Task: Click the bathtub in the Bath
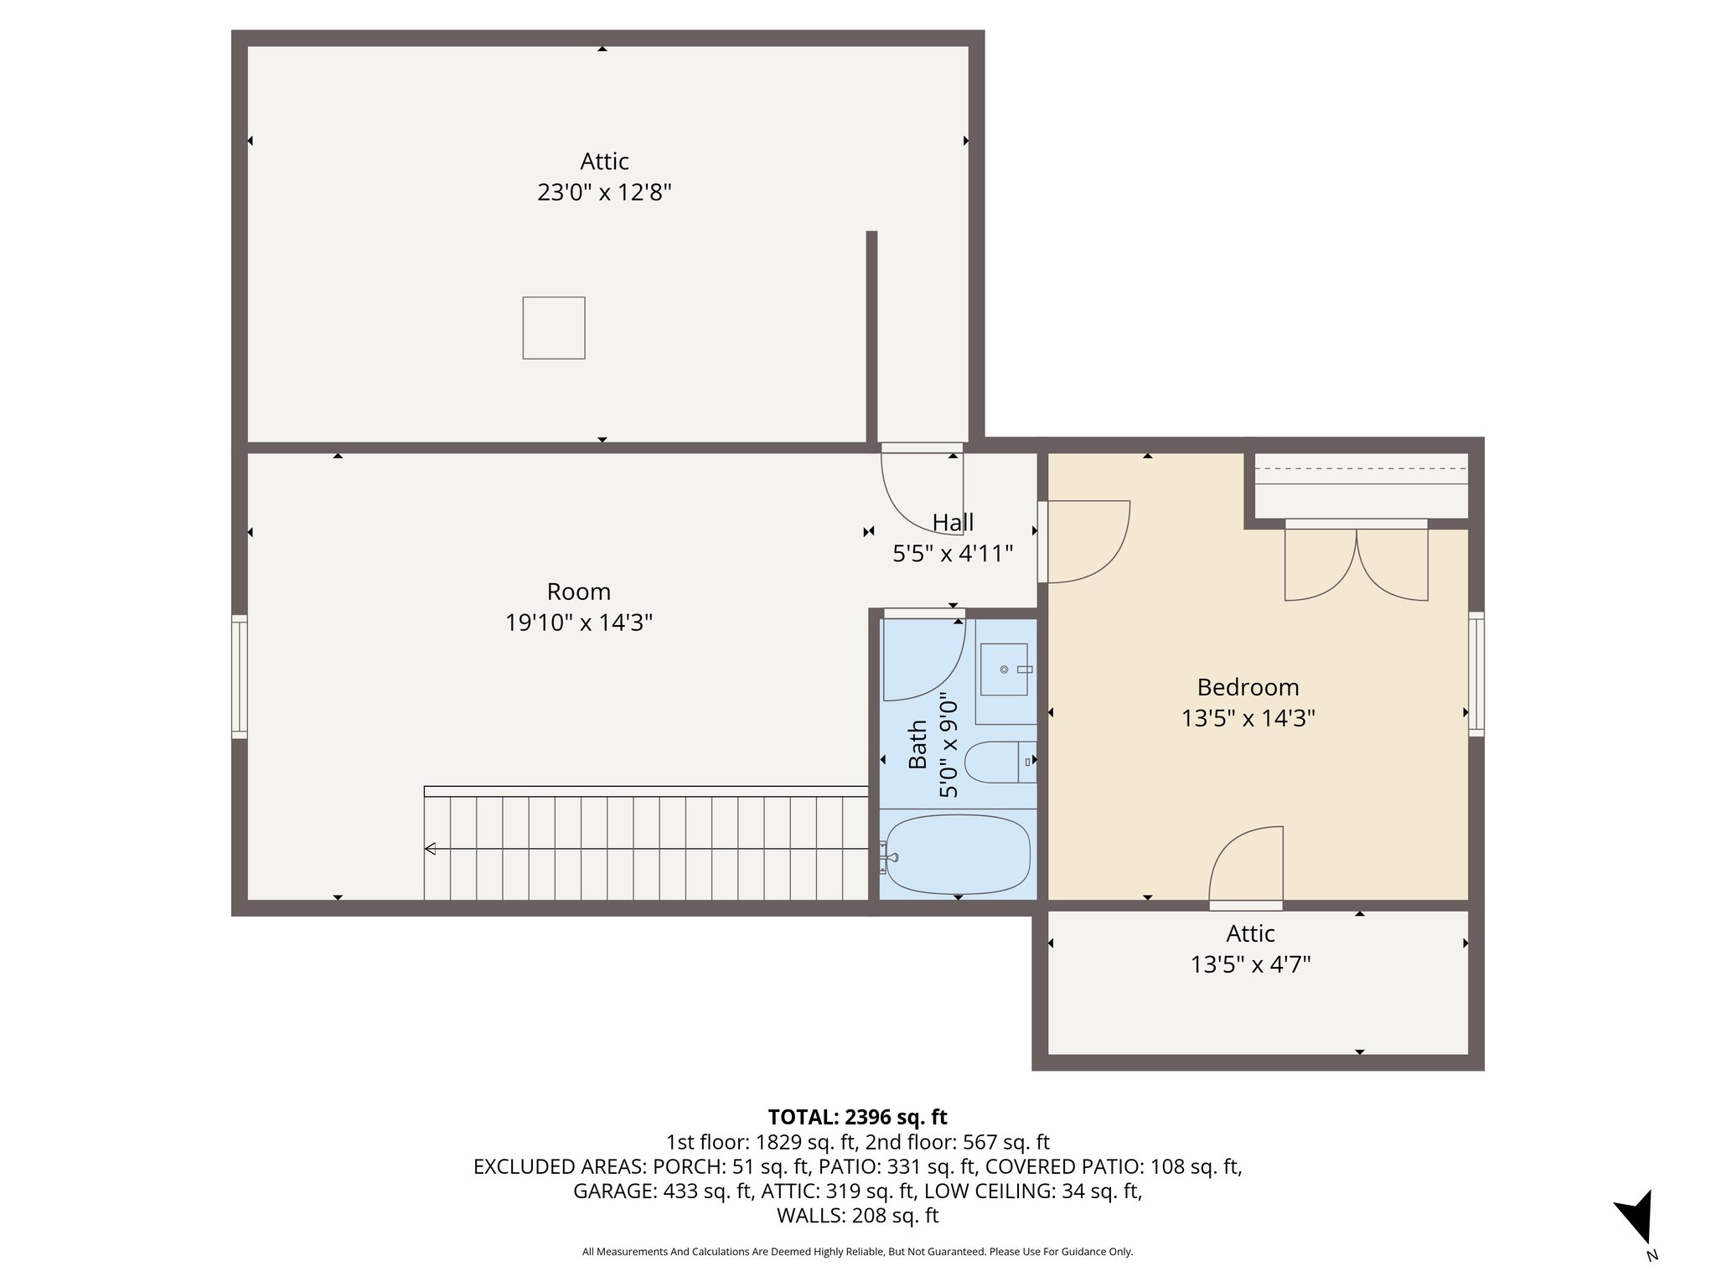(958, 855)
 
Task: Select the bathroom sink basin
(1004, 669)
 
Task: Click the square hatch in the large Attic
(554, 328)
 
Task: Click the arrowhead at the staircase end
(431, 849)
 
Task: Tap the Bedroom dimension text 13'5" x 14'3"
(1248, 718)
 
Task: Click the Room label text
(578, 592)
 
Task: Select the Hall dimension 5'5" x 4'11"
(953, 553)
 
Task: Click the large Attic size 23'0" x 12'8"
(604, 193)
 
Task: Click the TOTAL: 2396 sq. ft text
(857, 1117)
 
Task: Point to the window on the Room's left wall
(240, 677)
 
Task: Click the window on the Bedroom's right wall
(1476, 674)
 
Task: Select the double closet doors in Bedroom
(1356, 561)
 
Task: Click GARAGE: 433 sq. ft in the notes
(662, 1191)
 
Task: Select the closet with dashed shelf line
(1361, 486)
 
